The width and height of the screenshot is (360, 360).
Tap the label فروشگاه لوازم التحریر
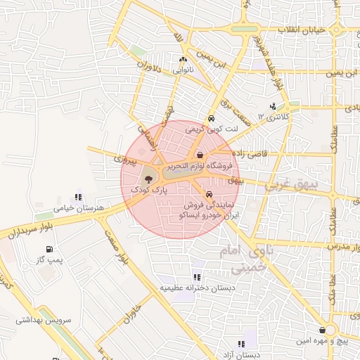201,166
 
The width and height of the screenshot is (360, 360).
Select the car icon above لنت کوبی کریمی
211,119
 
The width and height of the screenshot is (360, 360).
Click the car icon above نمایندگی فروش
210,193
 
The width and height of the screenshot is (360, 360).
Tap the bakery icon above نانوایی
184,60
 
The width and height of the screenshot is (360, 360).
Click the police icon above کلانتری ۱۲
273,106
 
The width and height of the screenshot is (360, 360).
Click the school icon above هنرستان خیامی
78,198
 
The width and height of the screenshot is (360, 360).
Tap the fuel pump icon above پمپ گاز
49,249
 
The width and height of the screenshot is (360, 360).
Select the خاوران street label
138,309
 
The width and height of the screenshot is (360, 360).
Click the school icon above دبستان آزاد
241,344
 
